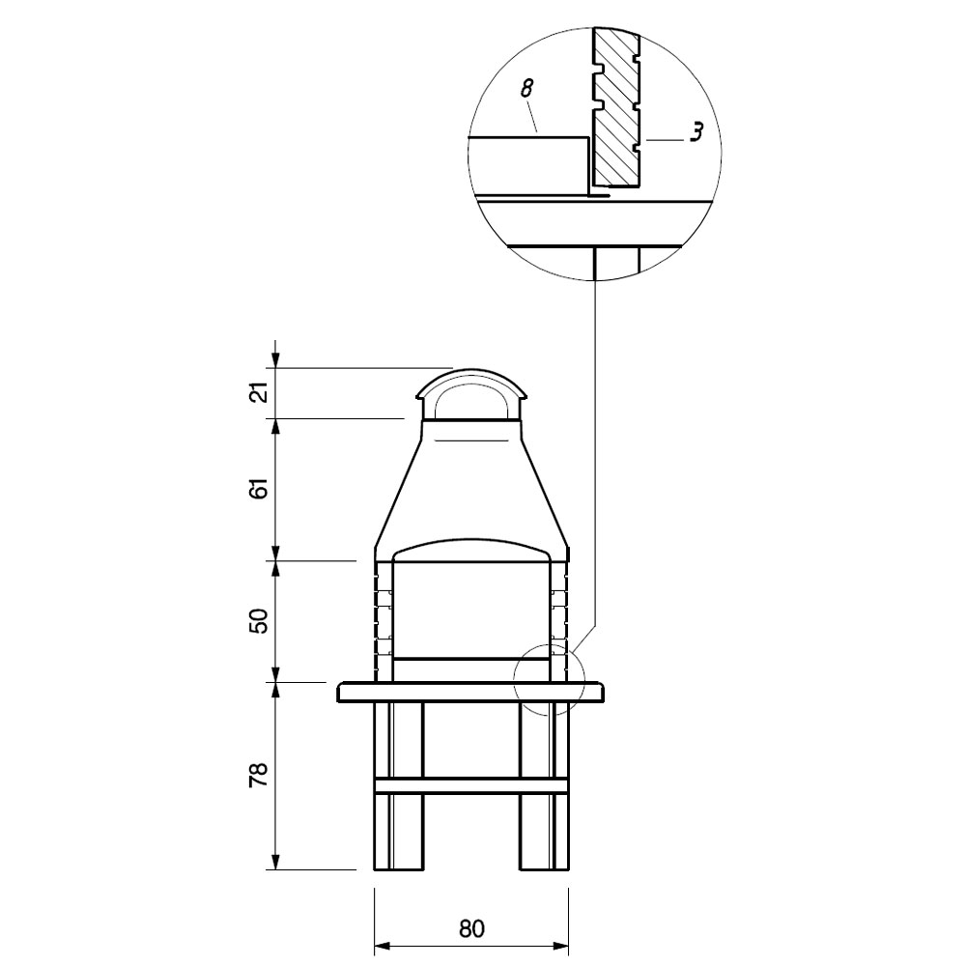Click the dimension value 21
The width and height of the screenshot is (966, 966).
click(261, 392)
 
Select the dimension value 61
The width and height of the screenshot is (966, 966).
click(261, 488)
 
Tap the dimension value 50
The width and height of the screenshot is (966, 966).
click(261, 621)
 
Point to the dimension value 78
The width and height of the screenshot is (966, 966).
click(261, 775)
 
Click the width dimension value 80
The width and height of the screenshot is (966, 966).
click(471, 928)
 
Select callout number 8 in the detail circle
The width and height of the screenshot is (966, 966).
click(526, 89)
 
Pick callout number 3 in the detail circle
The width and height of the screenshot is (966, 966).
click(696, 133)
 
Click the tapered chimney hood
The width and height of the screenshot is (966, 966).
click(471, 487)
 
